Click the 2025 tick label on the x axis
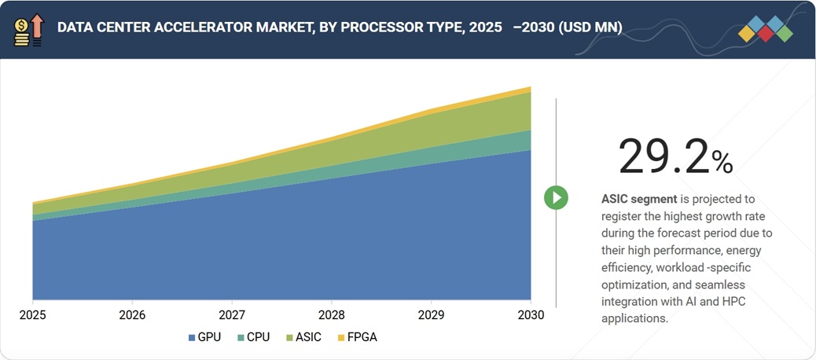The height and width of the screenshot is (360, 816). pos(32,314)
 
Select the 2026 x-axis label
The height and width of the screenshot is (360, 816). pos(132,314)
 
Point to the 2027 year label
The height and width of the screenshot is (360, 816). pos(232,314)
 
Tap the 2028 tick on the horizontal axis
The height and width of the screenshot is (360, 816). pos(332,314)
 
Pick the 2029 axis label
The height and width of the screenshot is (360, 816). pos(431,314)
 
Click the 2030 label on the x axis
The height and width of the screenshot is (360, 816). pos(531,314)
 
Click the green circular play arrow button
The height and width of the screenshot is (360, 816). pos(556,197)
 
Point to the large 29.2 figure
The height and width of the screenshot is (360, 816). pos(663,156)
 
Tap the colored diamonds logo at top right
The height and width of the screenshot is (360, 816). pos(766,29)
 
